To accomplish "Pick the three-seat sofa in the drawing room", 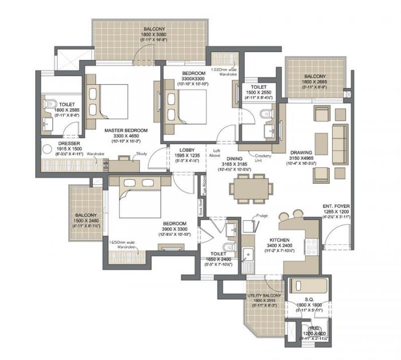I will (340, 136).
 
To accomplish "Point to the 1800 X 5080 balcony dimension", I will (151, 35).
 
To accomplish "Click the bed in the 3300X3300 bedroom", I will (181, 104).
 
